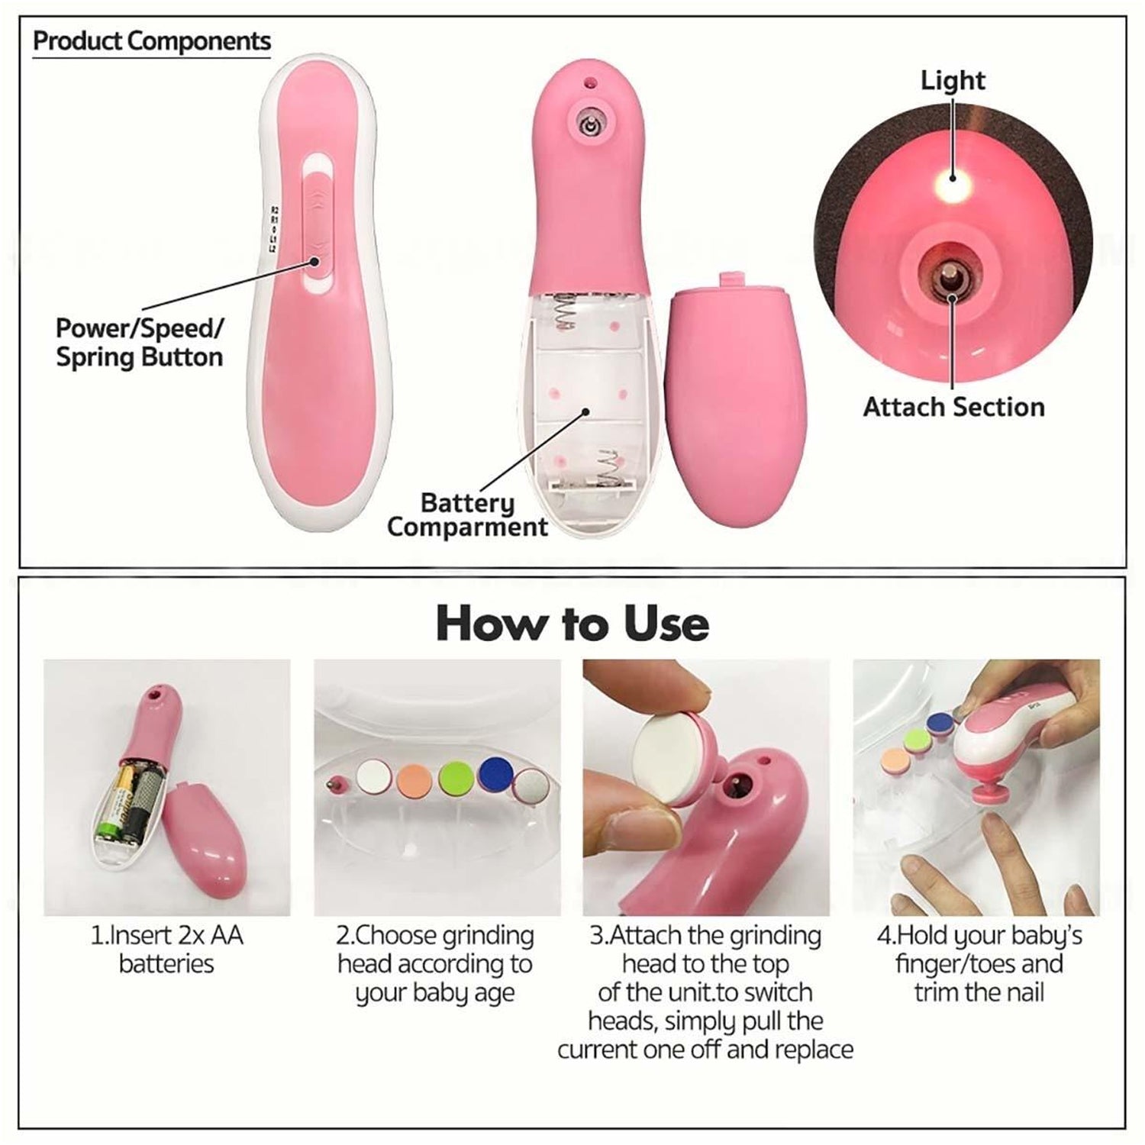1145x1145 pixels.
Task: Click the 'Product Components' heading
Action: tap(152, 40)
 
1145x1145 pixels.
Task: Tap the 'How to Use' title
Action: tap(572, 624)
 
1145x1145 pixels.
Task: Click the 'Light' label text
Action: tap(953, 80)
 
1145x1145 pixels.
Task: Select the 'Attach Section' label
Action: tap(953, 407)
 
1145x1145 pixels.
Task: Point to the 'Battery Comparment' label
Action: tap(467, 515)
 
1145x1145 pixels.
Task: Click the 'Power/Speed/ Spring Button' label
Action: tap(140, 343)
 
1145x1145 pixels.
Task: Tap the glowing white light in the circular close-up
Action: tap(952, 177)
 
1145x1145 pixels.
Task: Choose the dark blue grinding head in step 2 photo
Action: tap(496, 774)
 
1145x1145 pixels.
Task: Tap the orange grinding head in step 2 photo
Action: tap(415, 779)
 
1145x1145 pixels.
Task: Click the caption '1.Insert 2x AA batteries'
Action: tap(166, 949)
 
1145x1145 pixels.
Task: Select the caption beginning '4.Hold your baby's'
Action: tap(979, 963)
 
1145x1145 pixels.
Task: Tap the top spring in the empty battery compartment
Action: tap(566, 314)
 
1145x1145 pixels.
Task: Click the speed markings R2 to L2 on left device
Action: tap(274, 228)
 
